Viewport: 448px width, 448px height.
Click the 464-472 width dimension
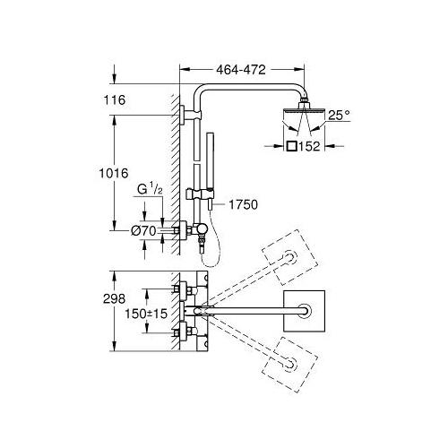(x=241, y=70)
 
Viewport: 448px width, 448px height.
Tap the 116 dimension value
(x=115, y=99)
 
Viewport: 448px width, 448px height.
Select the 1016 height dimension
(x=114, y=173)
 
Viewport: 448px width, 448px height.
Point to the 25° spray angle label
(x=339, y=116)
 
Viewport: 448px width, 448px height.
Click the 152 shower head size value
(x=309, y=146)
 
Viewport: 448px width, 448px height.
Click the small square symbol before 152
(x=291, y=146)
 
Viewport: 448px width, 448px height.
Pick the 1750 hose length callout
(x=243, y=205)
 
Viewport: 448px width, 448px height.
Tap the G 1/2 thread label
(x=150, y=189)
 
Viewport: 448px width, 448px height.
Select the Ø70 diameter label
(x=143, y=230)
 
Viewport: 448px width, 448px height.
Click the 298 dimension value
(x=114, y=298)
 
